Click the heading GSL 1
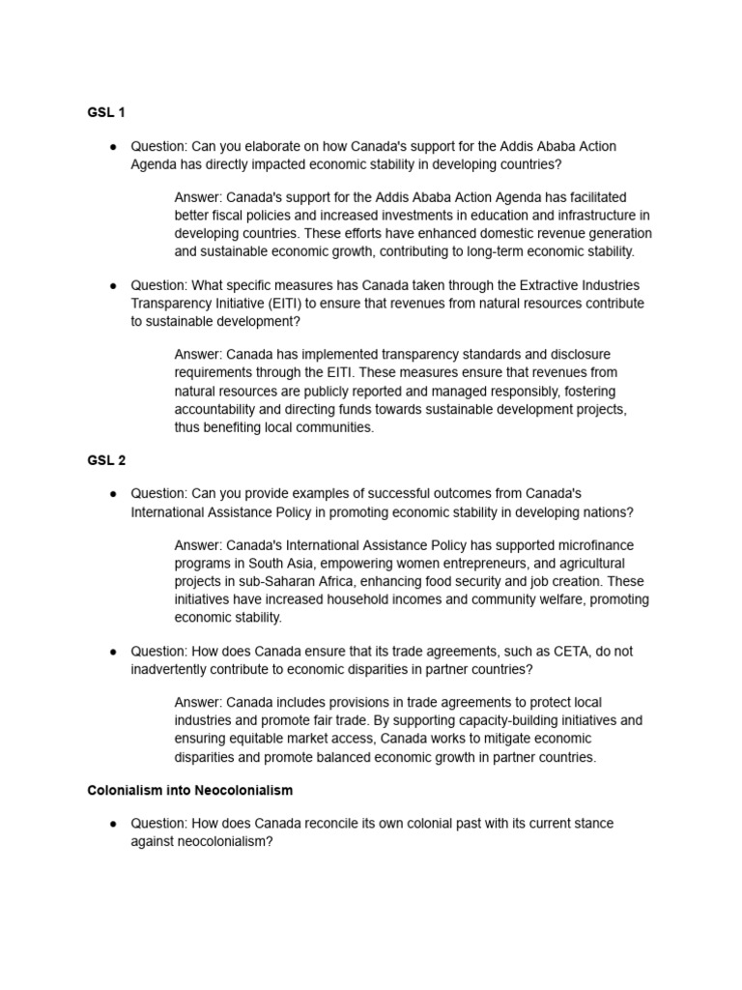click(x=106, y=112)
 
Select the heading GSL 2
click(x=106, y=459)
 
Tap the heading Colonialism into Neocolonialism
click(x=190, y=790)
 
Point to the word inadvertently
click(x=175, y=669)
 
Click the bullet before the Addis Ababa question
click(x=113, y=146)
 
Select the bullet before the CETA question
click(x=113, y=651)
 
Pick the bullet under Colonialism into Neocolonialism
click(x=113, y=824)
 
